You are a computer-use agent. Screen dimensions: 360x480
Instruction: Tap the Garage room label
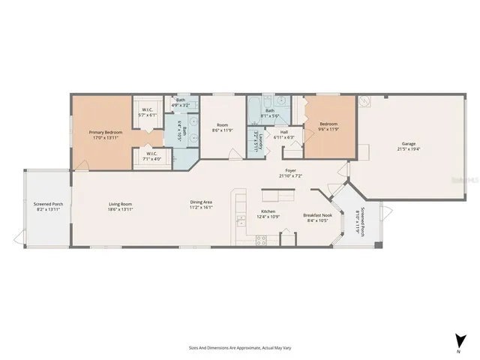point(409,143)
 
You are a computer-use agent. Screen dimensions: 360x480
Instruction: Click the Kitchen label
point(268,212)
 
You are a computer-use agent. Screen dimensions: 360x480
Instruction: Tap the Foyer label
point(289,170)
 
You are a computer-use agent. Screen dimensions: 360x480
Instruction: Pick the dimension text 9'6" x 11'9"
point(329,129)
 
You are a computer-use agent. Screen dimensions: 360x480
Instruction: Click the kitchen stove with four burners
point(262,240)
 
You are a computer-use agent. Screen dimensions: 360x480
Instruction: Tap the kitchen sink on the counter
point(240,221)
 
